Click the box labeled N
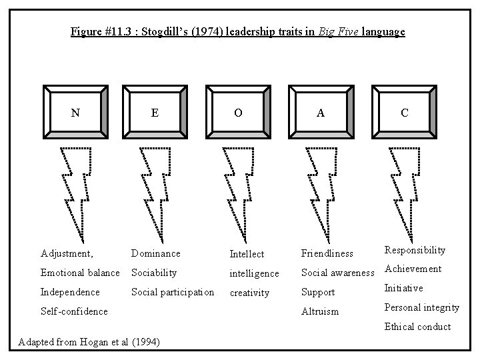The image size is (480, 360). (x=75, y=113)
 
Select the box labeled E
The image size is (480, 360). (x=155, y=113)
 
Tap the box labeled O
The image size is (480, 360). (x=238, y=113)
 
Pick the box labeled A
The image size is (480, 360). (x=321, y=113)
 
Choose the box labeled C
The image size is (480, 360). (x=404, y=113)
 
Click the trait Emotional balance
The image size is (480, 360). (x=80, y=273)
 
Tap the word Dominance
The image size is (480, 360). (x=156, y=253)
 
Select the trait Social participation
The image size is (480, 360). (x=173, y=292)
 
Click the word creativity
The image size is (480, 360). (x=249, y=293)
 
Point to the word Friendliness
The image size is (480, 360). (x=327, y=253)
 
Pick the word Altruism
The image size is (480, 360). (x=320, y=311)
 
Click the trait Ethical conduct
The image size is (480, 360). (x=418, y=327)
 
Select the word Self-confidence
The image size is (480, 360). (x=74, y=311)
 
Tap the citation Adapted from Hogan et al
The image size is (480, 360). (x=89, y=342)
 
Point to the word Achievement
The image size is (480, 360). (x=413, y=269)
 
